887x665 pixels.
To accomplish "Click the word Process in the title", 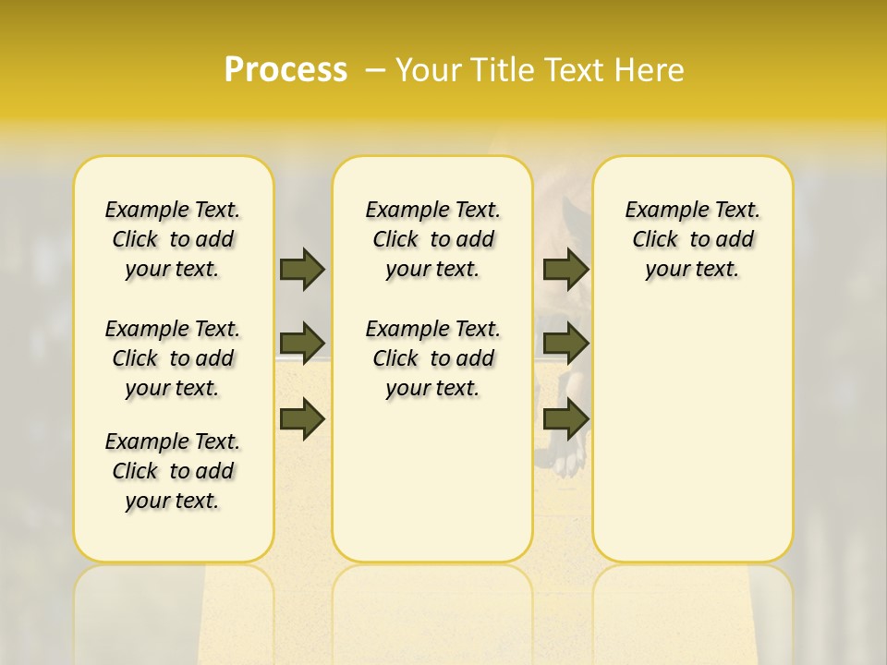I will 286,69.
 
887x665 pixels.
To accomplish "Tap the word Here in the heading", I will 649,69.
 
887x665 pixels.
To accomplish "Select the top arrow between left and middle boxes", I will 302,269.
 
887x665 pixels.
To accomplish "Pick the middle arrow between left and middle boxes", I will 302,344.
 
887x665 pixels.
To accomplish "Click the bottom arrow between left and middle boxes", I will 302,418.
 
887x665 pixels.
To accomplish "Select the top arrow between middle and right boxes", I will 565,269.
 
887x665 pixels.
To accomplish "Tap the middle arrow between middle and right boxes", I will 565,344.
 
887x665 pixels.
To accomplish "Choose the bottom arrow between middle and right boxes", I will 565,418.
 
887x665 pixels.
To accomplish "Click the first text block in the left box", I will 173,239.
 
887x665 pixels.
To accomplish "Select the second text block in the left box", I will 173,358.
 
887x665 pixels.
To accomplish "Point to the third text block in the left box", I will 173,471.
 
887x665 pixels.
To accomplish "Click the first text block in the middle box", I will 432,239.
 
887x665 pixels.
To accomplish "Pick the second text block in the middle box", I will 432,358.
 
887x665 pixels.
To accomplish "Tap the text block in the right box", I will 692,239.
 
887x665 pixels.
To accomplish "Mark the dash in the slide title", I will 375,69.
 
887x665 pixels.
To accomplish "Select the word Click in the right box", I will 655,240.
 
